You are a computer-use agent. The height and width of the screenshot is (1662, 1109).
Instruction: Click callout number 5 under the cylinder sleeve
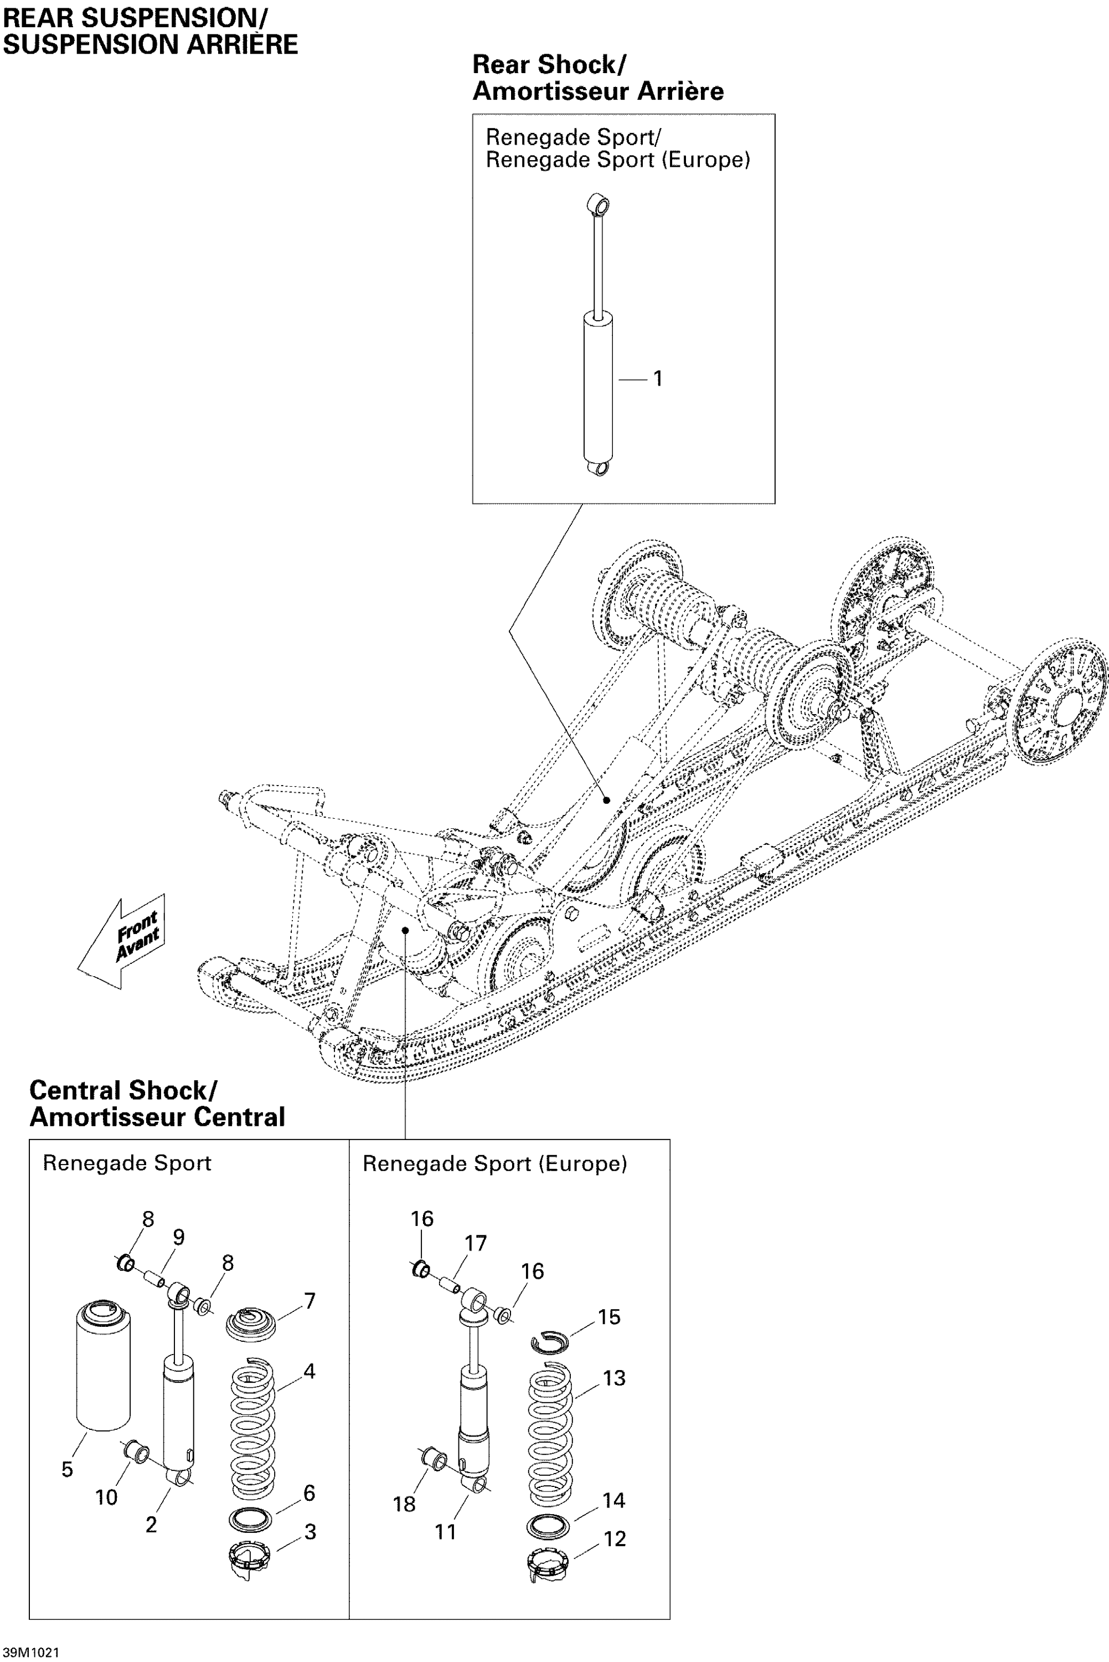point(67,1470)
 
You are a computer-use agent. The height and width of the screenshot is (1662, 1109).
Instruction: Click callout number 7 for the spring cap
point(310,1300)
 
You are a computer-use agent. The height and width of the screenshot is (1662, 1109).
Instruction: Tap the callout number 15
point(609,1317)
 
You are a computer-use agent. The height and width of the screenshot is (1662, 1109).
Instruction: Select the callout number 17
point(475,1243)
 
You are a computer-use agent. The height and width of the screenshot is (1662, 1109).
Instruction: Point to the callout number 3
point(310,1532)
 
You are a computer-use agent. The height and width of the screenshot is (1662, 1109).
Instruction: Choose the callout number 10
point(106,1497)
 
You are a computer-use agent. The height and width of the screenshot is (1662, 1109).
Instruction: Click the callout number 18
point(404,1504)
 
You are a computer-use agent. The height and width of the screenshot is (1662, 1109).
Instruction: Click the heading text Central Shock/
point(123,1090)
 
